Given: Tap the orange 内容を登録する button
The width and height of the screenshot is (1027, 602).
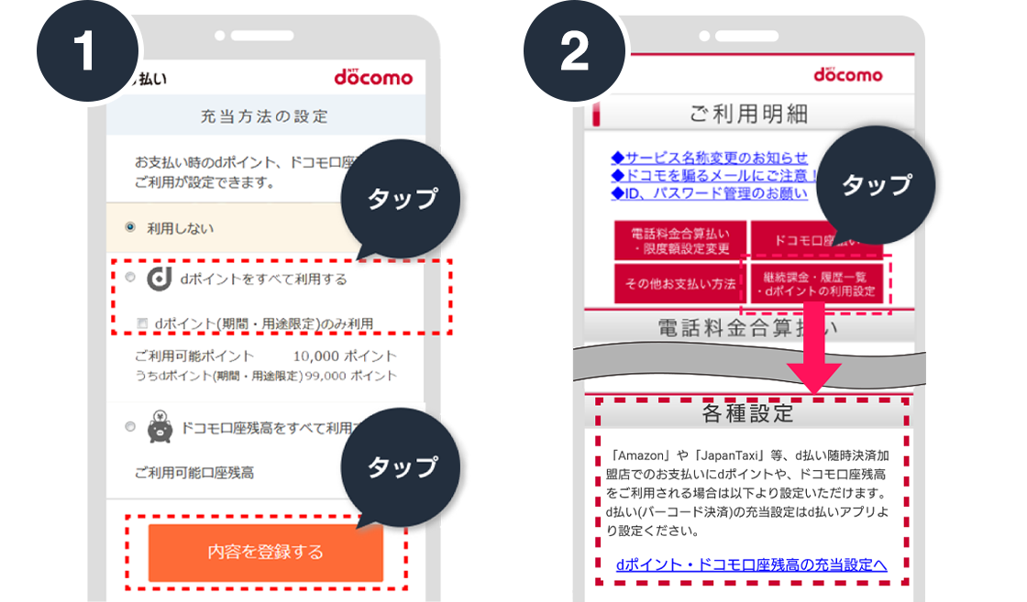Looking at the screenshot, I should coord(265,552).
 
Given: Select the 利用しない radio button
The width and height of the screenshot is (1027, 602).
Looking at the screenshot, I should coord(129,226).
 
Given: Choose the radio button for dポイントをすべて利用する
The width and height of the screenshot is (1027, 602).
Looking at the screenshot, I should coord(129,277).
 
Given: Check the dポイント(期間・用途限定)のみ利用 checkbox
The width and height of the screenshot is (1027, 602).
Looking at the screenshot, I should coord(141,323).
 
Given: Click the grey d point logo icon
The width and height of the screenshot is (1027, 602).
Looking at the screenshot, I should coord(160,279).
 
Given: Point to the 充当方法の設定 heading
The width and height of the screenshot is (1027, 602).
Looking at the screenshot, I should coord(264,116).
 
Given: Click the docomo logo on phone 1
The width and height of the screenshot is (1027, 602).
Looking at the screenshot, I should coord(373,77).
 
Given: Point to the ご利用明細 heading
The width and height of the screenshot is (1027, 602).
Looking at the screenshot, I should coord(748,114).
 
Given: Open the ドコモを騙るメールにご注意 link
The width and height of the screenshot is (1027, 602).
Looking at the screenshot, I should coord(714,175).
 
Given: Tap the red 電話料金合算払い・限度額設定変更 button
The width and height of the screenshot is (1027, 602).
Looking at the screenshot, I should coord(679,241).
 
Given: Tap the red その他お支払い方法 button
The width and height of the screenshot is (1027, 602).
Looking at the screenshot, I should coord(679,284).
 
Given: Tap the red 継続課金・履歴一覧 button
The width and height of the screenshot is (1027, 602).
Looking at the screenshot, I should coord(814,284).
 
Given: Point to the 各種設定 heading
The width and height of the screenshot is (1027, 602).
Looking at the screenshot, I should coord(748,412).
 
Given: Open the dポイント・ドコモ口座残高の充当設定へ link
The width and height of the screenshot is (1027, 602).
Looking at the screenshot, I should coord(751,564).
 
